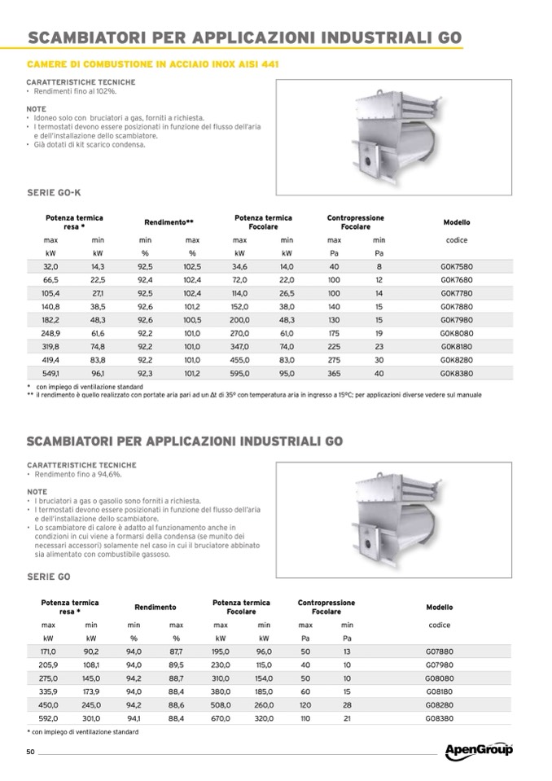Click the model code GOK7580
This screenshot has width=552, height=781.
[x=456, y=266]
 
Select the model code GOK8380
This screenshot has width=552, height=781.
[x=456, y=372]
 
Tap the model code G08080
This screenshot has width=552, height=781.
[x=439, y=678]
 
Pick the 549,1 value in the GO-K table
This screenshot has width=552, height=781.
[x=50, y=372]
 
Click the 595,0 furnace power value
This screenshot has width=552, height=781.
[x=239, y=372]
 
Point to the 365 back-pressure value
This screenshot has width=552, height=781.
[x=334, y=372]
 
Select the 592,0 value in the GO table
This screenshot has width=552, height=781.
[x=48, y=719]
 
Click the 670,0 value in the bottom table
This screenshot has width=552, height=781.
[x=221, y=719]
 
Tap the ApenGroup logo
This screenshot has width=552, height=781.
[x=479, y=750]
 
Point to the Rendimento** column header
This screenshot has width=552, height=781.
[x=169, y=222]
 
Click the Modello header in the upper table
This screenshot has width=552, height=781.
[x=456, y=222]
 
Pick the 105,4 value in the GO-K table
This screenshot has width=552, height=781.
[x=50, y=293]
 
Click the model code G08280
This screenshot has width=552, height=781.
[x=439, y=705]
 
